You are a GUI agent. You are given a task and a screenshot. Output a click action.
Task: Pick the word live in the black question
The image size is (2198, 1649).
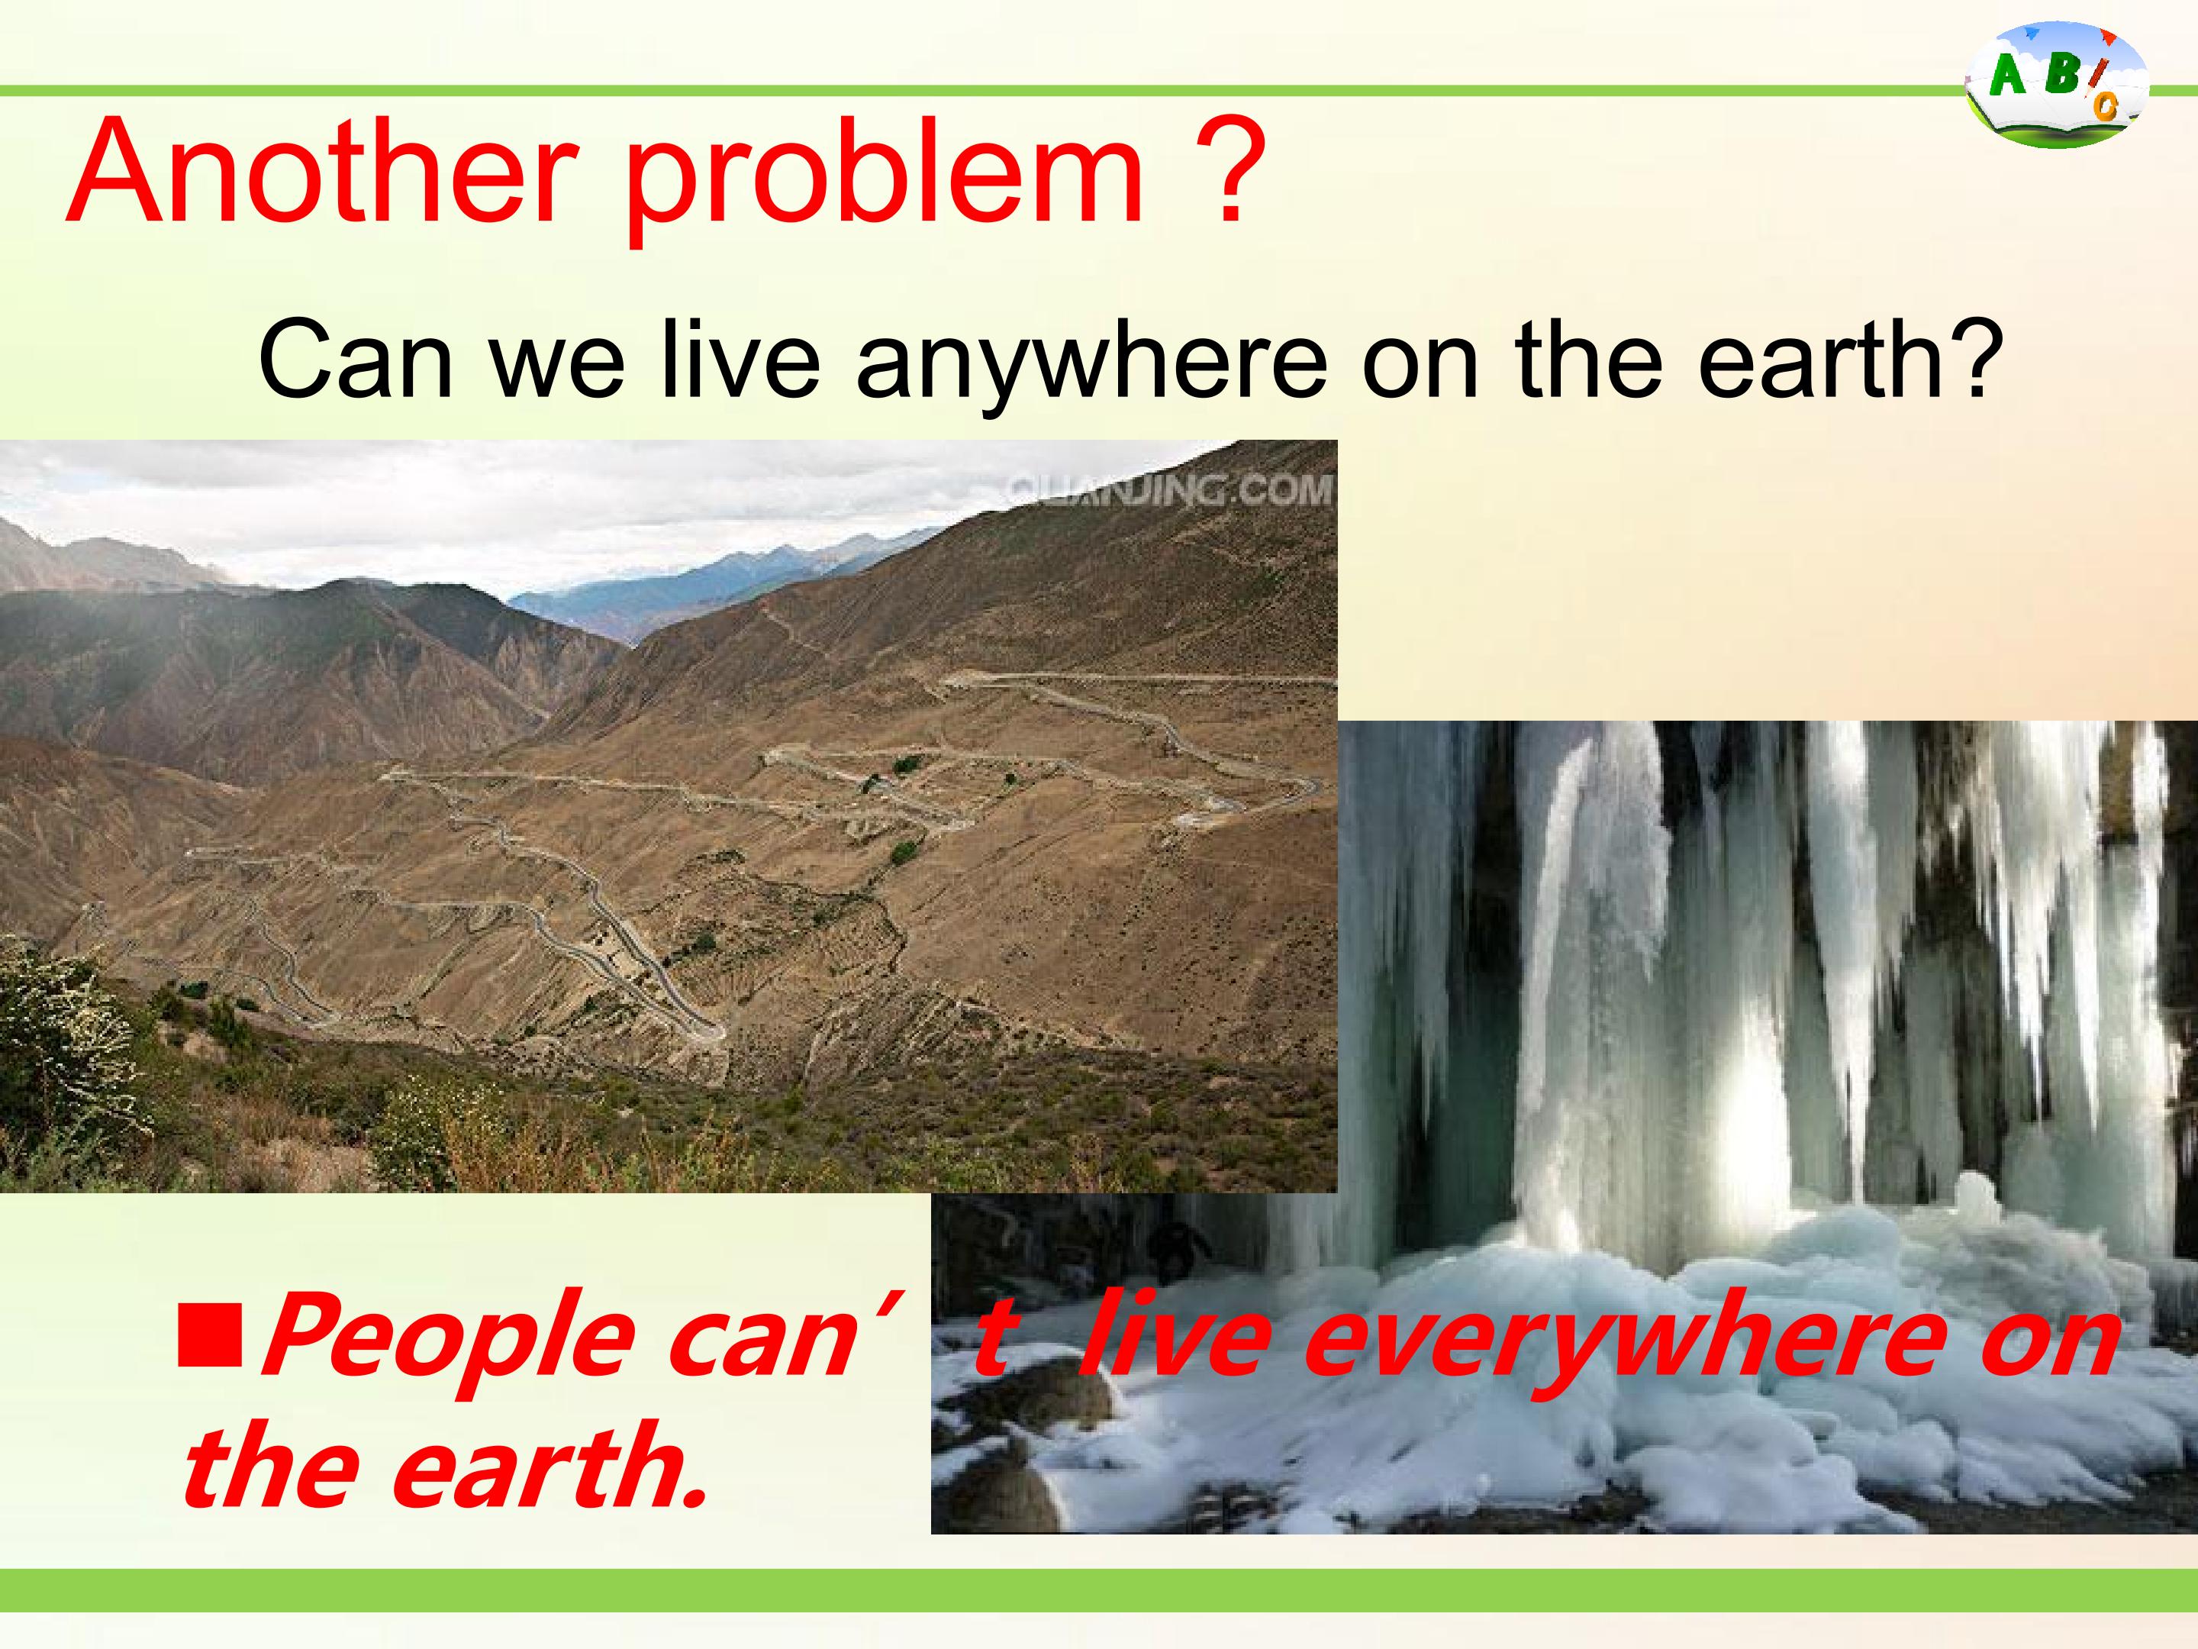[740, 359]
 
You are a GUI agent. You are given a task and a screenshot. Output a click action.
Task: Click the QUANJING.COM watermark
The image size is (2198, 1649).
[1168, 489]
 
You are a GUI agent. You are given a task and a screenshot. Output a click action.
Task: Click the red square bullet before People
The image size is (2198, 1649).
[210, 1337]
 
